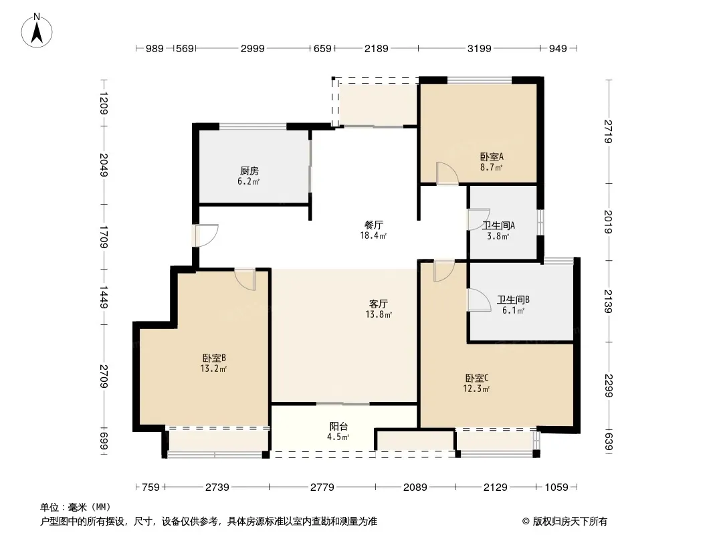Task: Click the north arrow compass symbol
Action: click(37, 31)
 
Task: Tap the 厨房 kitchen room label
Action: click(249, 171)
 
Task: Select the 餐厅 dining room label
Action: click(374, 225)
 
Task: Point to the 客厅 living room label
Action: click(379, 304)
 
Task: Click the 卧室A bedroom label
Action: click(492, 156)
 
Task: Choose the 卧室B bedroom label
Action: click(214, 358)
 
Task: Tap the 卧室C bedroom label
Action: click(476, 379)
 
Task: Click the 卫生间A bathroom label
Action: click(498, 225)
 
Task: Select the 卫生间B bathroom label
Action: click(513, 300)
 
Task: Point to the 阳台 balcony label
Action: click(338, 427)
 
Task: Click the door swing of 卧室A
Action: click(447, 173)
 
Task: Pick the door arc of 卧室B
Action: click(245, 280)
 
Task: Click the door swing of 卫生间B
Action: click(480, 300)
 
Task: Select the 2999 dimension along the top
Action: click(252, 49)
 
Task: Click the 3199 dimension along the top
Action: click(480, 49)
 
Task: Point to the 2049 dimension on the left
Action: click(104, 165)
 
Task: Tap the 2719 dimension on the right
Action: click(609, 131)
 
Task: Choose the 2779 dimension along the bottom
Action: click(322, 488)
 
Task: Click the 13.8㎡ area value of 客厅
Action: click(379, 314)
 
